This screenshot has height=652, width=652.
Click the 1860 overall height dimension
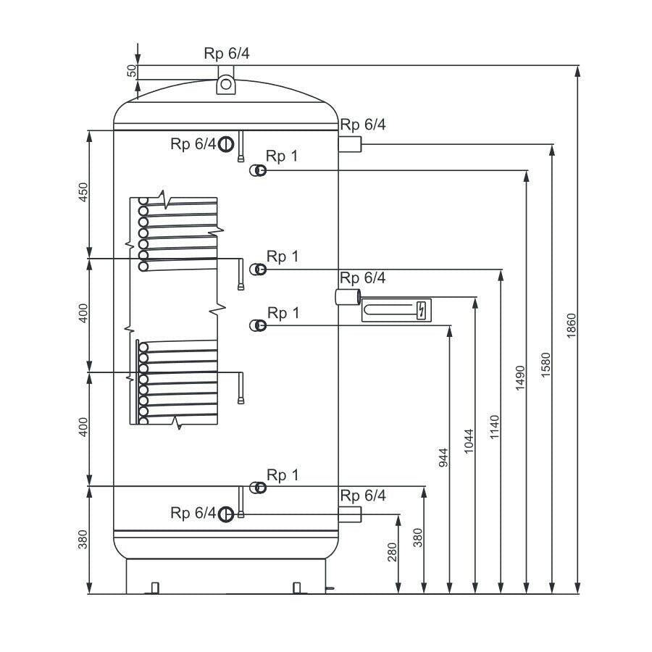click(x=572, y=325)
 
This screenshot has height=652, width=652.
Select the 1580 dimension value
click(x=546, y=364)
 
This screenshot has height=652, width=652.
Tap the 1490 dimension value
click(x=520, y=378)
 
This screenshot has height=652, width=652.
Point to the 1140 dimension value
click(x=494, y=427)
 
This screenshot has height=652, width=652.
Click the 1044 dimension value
click(x=469, y=440)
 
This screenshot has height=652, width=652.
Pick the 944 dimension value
click(x=443, y=457)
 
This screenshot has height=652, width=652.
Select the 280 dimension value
click(x=392, y=552)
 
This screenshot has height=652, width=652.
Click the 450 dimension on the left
click(x=83, y=192)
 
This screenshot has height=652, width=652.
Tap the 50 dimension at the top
click(x=131, y=71)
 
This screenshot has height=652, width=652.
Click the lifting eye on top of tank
click(x=226, y=85)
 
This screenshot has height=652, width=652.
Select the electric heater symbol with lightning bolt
click(x=396, y=310)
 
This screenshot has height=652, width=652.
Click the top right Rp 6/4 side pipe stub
click(x=350, y=144)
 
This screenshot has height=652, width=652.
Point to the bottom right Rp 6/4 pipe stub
click(x=350, y=514)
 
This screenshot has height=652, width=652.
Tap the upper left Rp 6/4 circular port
click(x=226, y=144)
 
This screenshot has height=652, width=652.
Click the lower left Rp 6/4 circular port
click(x=226, y=514)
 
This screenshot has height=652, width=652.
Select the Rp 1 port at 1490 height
click(x=258, y=170)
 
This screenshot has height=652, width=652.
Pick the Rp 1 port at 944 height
click(x=258, y=325)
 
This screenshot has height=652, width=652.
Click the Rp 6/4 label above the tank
click(x=227, y=53)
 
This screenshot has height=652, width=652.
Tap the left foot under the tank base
click(x=155, y=588)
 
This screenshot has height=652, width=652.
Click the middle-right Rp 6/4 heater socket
click(x=348, y=297)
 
